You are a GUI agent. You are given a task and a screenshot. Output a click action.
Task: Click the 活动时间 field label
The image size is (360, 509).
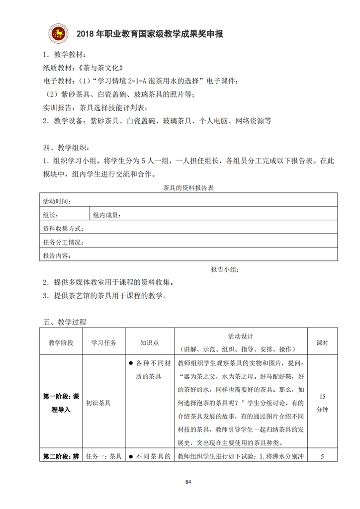pos(57,201)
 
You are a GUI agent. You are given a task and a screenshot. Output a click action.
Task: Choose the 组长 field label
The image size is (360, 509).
pos(50,215)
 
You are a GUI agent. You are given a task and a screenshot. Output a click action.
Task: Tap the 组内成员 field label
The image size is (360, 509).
pos(107,215)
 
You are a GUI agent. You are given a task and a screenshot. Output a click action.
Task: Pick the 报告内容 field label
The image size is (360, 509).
pos(57,256)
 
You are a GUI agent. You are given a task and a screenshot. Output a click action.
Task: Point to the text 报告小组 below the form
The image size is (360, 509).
pos(225,269)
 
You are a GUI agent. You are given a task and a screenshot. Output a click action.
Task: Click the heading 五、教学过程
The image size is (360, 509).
pos(65,322)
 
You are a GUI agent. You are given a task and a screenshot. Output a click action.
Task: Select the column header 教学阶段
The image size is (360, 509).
pos(61,343)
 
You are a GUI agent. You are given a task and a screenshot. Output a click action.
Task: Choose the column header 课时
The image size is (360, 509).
pos(322,343)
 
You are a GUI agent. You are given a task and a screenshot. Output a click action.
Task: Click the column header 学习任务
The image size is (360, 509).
pos(104,343)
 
